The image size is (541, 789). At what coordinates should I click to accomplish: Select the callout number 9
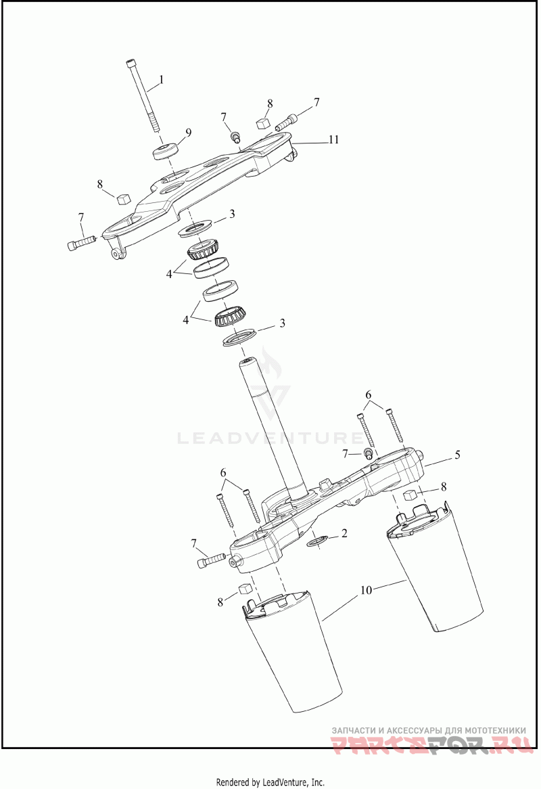point(189,133)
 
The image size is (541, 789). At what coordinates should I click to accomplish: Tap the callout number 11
point(333,140)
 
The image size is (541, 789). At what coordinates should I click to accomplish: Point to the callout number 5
point(458,455)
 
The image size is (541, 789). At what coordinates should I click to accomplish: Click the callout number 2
point(344,534)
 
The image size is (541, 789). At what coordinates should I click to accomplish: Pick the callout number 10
point(366,590)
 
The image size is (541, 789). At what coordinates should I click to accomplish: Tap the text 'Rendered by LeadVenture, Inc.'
point(270,782)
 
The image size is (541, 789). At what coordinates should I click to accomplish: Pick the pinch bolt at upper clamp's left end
point(80,242)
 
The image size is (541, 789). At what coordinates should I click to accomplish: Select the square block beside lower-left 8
point(245,590)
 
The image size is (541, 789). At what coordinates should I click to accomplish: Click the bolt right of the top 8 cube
point(285,122)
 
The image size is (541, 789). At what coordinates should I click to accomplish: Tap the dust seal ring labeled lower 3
point(239,337)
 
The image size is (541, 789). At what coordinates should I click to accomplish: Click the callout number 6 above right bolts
point(369,394)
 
